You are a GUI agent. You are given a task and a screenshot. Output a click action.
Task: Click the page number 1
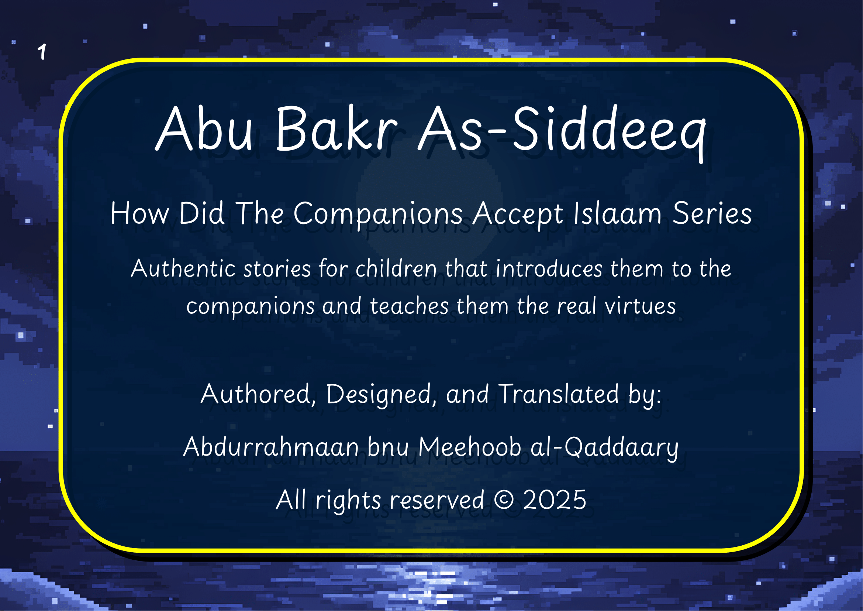pyautogui.click(x=42, y=52)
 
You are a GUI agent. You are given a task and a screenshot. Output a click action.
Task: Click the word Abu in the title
pyautogui.click(x=204, y=129)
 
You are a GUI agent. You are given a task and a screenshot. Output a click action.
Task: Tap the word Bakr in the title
pyautogui.click(x=336, y=129)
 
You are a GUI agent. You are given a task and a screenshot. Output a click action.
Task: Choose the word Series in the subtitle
pyautogui.click(x=712, y=214)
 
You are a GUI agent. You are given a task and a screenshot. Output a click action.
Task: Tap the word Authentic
pyautogui.click(x=183, y=269)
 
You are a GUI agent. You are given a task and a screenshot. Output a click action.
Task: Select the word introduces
pyautogui.click(x=549, y=269)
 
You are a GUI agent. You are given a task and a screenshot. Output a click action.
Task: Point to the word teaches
pyautogui.click(x=410, y=306)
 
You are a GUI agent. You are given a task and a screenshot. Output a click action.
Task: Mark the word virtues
pyautogui.click(x=641, y=306)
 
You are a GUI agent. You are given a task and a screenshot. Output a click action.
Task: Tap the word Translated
pyautogui.click(x=559, y=394)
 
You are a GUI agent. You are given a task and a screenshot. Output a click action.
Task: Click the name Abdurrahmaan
pyautogui.click(x=271, y=448)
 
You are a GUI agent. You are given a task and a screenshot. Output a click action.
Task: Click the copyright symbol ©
pyautogui.click(x=504, y=500)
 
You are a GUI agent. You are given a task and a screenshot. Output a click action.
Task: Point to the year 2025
pyautogui.click(x=555, y=500)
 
